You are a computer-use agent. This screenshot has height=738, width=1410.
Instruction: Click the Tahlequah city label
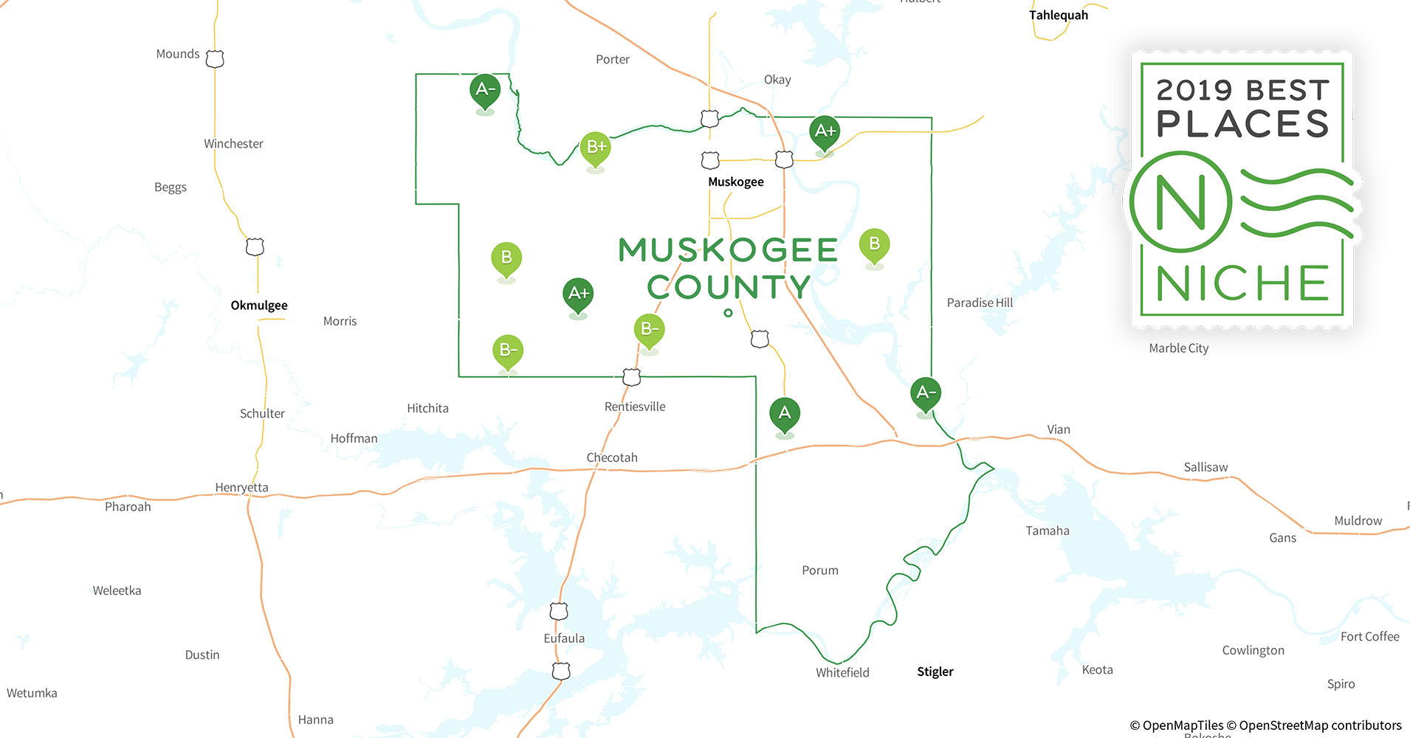(1058, 15)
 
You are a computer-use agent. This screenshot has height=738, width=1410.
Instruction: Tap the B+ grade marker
(595, 148)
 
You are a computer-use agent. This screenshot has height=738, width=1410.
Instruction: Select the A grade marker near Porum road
(784, 413)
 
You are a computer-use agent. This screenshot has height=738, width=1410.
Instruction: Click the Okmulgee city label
(259, 305)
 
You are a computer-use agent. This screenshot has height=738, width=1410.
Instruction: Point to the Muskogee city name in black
(735, 182)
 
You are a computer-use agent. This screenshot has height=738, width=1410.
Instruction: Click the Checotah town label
(612, 458)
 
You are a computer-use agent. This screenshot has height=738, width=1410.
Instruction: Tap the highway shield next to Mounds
(215, 58)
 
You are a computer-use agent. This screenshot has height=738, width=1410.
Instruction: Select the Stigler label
(935, 672)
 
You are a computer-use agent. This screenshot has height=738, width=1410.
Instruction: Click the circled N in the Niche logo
(1180, 202)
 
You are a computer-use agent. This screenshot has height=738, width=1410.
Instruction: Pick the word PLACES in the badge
(1242, 123)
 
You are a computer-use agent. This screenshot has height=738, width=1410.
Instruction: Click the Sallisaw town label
(1206, 467)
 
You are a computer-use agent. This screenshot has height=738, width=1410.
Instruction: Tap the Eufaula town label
(564, 638)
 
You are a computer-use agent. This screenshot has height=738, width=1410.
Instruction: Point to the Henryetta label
(241, 487)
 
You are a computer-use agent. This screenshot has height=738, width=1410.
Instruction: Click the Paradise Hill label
(980, 303)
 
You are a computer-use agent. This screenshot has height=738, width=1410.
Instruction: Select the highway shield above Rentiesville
(631, 377)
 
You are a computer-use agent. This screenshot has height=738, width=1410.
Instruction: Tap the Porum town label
(820, 570)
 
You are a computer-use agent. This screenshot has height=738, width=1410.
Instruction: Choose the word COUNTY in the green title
(729, 287)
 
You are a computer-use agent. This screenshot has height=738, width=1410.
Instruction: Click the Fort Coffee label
(1369, 636)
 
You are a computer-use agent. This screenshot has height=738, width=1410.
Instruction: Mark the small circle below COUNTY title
(728, 313)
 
